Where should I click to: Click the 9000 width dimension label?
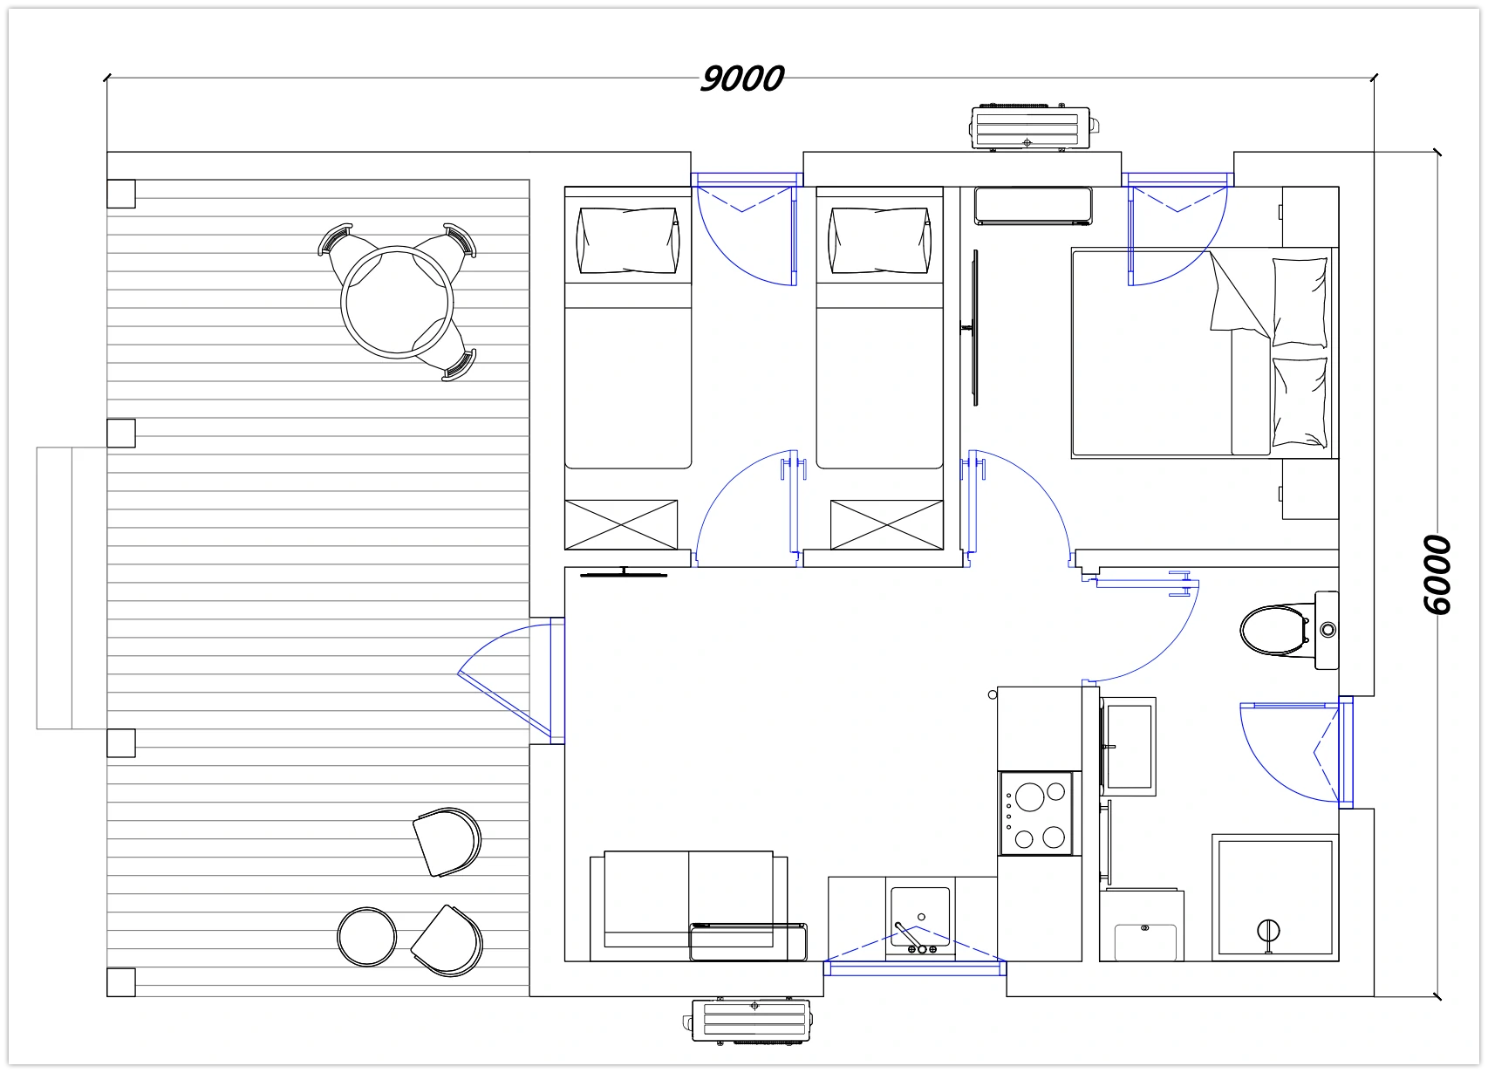[742, 79]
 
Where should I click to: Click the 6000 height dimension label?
[1437, 575]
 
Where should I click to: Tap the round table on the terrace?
[397, 303]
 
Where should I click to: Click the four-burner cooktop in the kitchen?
[1036, 813]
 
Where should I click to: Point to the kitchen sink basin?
[920, 917]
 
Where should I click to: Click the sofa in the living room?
[689, 906]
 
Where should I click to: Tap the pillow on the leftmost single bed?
[628, 240]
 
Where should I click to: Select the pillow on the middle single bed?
[879, 240]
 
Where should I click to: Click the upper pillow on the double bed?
[1300, 302]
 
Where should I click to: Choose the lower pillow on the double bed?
[1300, 403]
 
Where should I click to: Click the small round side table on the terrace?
[366, 937]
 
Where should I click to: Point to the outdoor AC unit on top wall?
[1034, 126]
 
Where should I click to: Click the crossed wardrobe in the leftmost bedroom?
[621, 525]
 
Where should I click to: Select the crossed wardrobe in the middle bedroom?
[887, 525]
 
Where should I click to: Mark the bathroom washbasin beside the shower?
[1142, 926]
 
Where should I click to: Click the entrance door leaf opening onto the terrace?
[504, 705]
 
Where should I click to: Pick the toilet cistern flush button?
[1328, 630]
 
